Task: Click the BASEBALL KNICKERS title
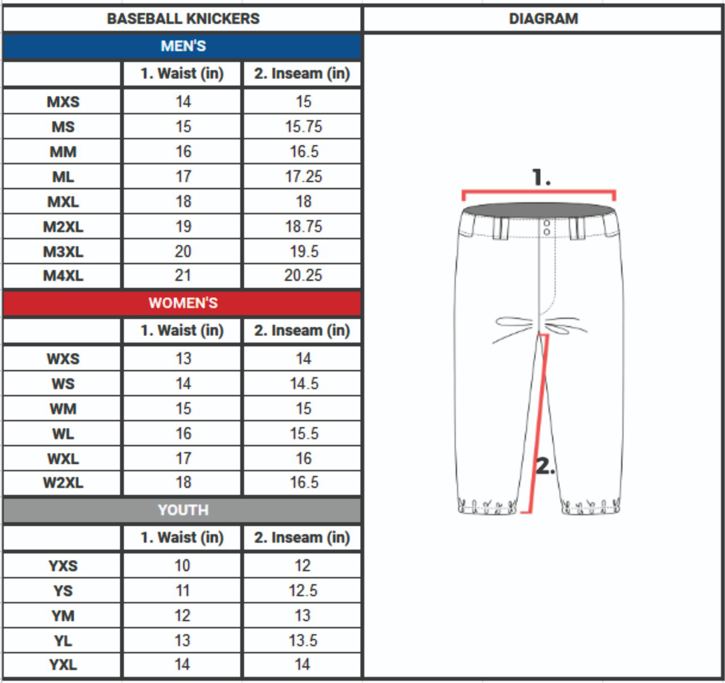point(183,19)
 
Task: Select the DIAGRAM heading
point(543,19)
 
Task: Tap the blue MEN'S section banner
point(182,46)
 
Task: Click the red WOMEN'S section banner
point(182,303)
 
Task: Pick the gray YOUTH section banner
point(182,510)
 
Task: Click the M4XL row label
point(63,276)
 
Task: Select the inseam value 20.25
point(303,275)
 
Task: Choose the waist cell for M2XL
point(182,227)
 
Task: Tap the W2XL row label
point(63,483)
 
